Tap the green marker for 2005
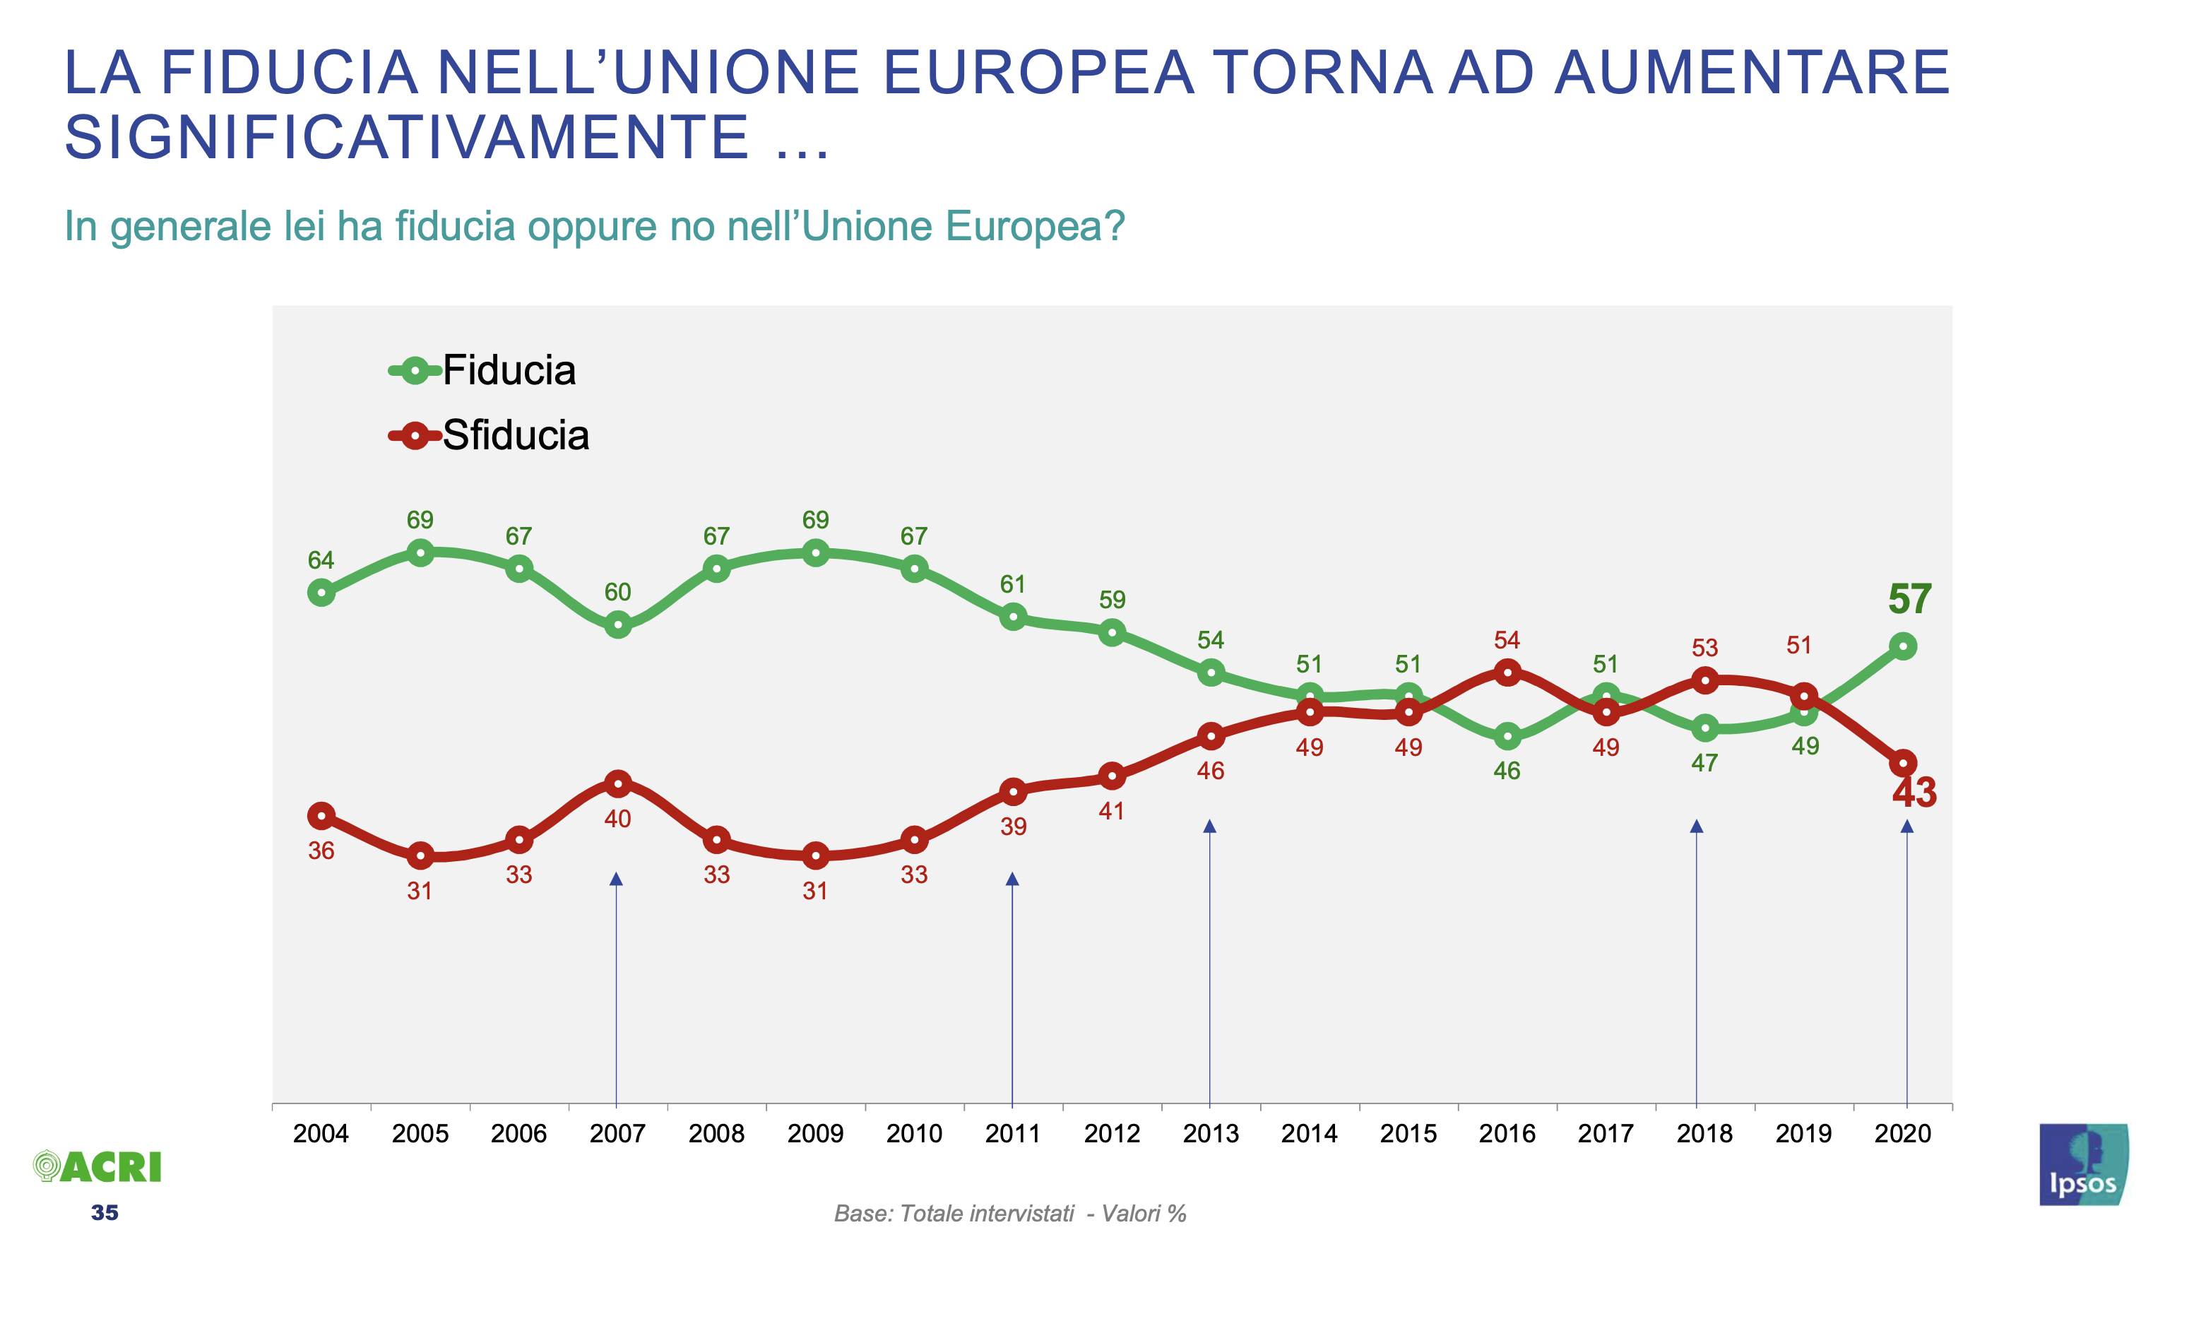pyautogui.click(x=420, y=553)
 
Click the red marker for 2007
pyautogui.click(x=617, y=783)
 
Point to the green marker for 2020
pyautogui.click(x=1902, y=646)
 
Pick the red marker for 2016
pyautogui.click(x=1507, y=672)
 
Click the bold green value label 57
pyautogui.click(x=1909, y=599)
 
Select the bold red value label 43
pyautogui.click(x=1914, y=793)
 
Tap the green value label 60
pyautogui.click(x=617, y=592)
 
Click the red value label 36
pyautogui.click(x=321, y=851)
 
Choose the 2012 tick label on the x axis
pyautogui.click(x=1111, y=1133)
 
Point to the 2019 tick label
pyautogui.click(x=1803, y=1133)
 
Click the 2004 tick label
pyautogui.click(x=321, y=1133)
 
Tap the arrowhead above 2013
pyautogui.click(x=1209, y=827)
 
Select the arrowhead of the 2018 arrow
pyautogui.click(x=1696, y=827)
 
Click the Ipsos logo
pyautogui.click(x=2082, y=1164)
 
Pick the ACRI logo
pyautogui.click(x=97, y=1167)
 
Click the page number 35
pyautogui.click(x=104, y=1213)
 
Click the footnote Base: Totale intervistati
pyautogui.click(x=954, y=1214)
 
